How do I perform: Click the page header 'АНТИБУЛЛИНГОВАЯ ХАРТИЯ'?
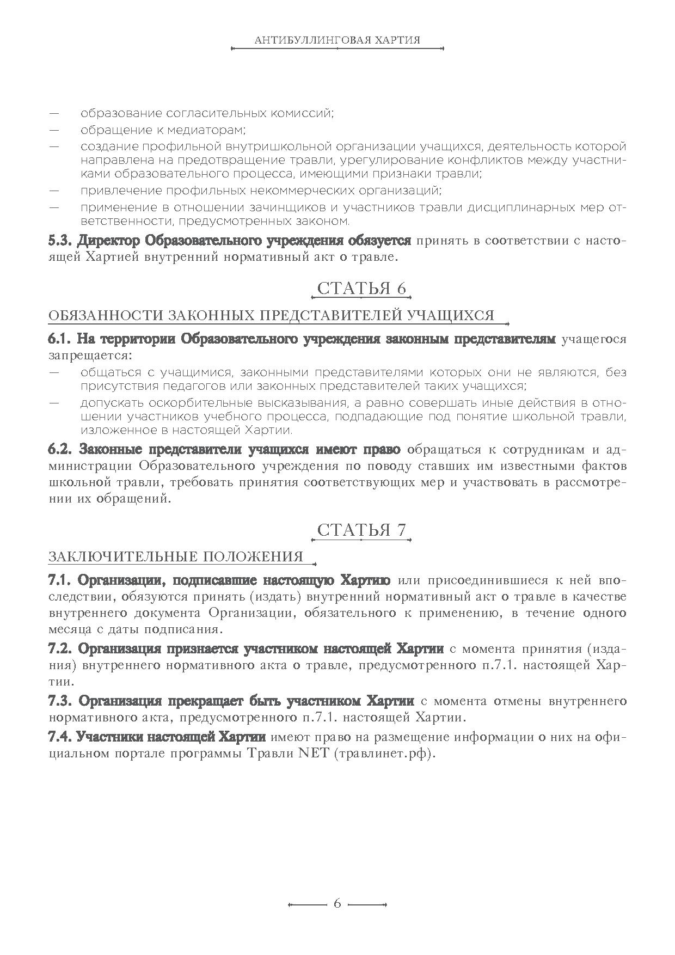coord(337,40)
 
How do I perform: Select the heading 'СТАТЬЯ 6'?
coord(361,289)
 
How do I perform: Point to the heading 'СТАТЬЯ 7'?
coord(361,530)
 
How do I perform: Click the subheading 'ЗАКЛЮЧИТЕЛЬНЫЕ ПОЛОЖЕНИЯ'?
coord(176,556)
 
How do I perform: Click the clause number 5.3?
coord(60,241)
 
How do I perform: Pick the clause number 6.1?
coord(60,339)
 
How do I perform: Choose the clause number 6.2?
coord(61,450)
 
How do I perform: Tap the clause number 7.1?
coord(60,579)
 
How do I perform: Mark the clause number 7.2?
coord(60,649)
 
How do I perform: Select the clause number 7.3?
coord(61,700)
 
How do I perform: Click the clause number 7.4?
coord(60,737)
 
